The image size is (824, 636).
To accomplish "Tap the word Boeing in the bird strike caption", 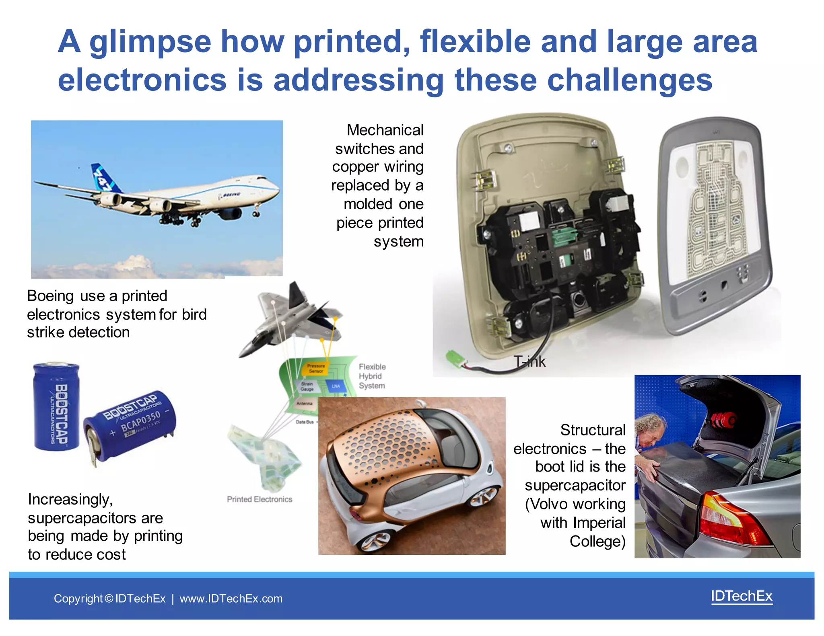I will click(50, 296).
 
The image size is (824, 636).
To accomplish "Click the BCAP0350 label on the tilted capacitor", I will click(140, 420).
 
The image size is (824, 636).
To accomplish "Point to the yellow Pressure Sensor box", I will click(315, 368).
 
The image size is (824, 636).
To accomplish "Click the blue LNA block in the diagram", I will click(336, 386).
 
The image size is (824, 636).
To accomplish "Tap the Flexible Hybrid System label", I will click(372, 376).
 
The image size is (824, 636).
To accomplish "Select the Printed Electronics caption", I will click(260, 499).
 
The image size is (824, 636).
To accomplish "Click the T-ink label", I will click(529, 362).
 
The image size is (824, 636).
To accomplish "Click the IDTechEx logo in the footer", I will click(742, 596).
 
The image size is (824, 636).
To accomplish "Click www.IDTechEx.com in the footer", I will click(231, 599).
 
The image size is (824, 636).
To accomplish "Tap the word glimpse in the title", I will click(150, 42).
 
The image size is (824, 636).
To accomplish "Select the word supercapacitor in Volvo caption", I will click(575, 486).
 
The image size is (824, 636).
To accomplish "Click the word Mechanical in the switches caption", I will click(385, 130).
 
